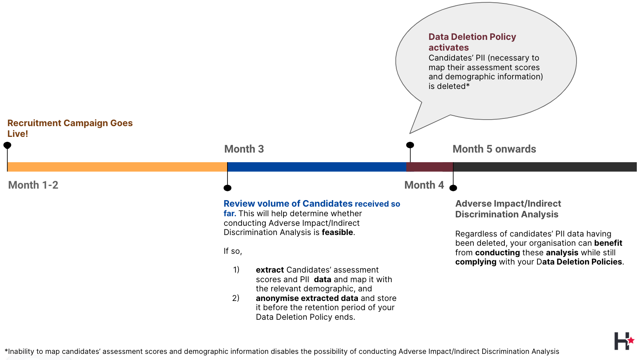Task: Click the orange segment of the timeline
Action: click(117, 167)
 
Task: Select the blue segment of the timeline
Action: click(317, 167)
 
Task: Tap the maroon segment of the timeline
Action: click(430, 167)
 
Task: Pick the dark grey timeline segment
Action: click(545, 167)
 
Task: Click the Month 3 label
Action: click(244, 149)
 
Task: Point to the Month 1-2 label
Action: click(33, 185)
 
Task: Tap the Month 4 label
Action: click(424, 185)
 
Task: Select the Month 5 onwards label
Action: click(494, 149)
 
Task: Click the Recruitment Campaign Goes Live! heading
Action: click(70, 128)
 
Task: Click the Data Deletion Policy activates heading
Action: click(472, 42)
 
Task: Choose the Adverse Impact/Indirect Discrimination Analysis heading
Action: click(508, 209)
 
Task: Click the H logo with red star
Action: click(624, 341)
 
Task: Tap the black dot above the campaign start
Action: click(7, 145)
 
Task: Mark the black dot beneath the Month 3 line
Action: click(227, 188)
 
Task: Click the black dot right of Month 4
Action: click(453, 188)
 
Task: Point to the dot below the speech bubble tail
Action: click(410, 145)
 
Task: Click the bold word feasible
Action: click(338, 232)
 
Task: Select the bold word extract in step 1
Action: click(270, 270)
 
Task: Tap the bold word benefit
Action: click(608, 243)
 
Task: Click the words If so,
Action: click(232, 251)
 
